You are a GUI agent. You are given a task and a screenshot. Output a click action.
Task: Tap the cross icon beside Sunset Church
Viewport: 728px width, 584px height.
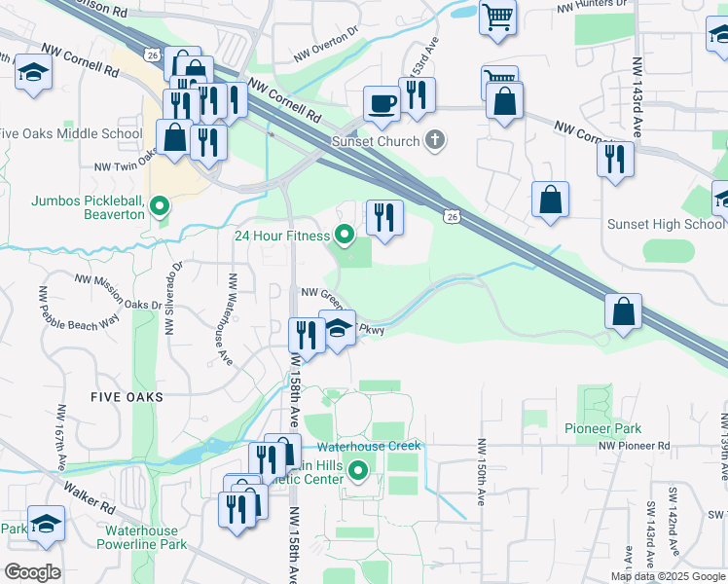point(435,141)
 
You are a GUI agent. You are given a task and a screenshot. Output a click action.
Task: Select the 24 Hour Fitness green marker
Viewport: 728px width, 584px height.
point(344,234)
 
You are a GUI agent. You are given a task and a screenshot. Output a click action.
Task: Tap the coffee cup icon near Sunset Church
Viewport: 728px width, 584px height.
point(382,103)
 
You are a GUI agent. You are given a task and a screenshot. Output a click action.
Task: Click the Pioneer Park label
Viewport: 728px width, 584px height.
point(602,428)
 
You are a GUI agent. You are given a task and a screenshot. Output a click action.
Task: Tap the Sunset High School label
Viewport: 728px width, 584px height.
point(666,224)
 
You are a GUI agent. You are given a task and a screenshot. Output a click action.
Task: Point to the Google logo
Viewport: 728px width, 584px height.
point(32,572)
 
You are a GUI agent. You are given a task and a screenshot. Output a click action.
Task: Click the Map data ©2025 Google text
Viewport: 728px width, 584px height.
point(668,576)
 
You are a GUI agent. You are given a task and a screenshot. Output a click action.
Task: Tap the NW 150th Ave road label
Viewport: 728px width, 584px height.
point(481,472)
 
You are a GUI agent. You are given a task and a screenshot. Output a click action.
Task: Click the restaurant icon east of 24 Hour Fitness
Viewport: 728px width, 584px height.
point(384,217)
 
